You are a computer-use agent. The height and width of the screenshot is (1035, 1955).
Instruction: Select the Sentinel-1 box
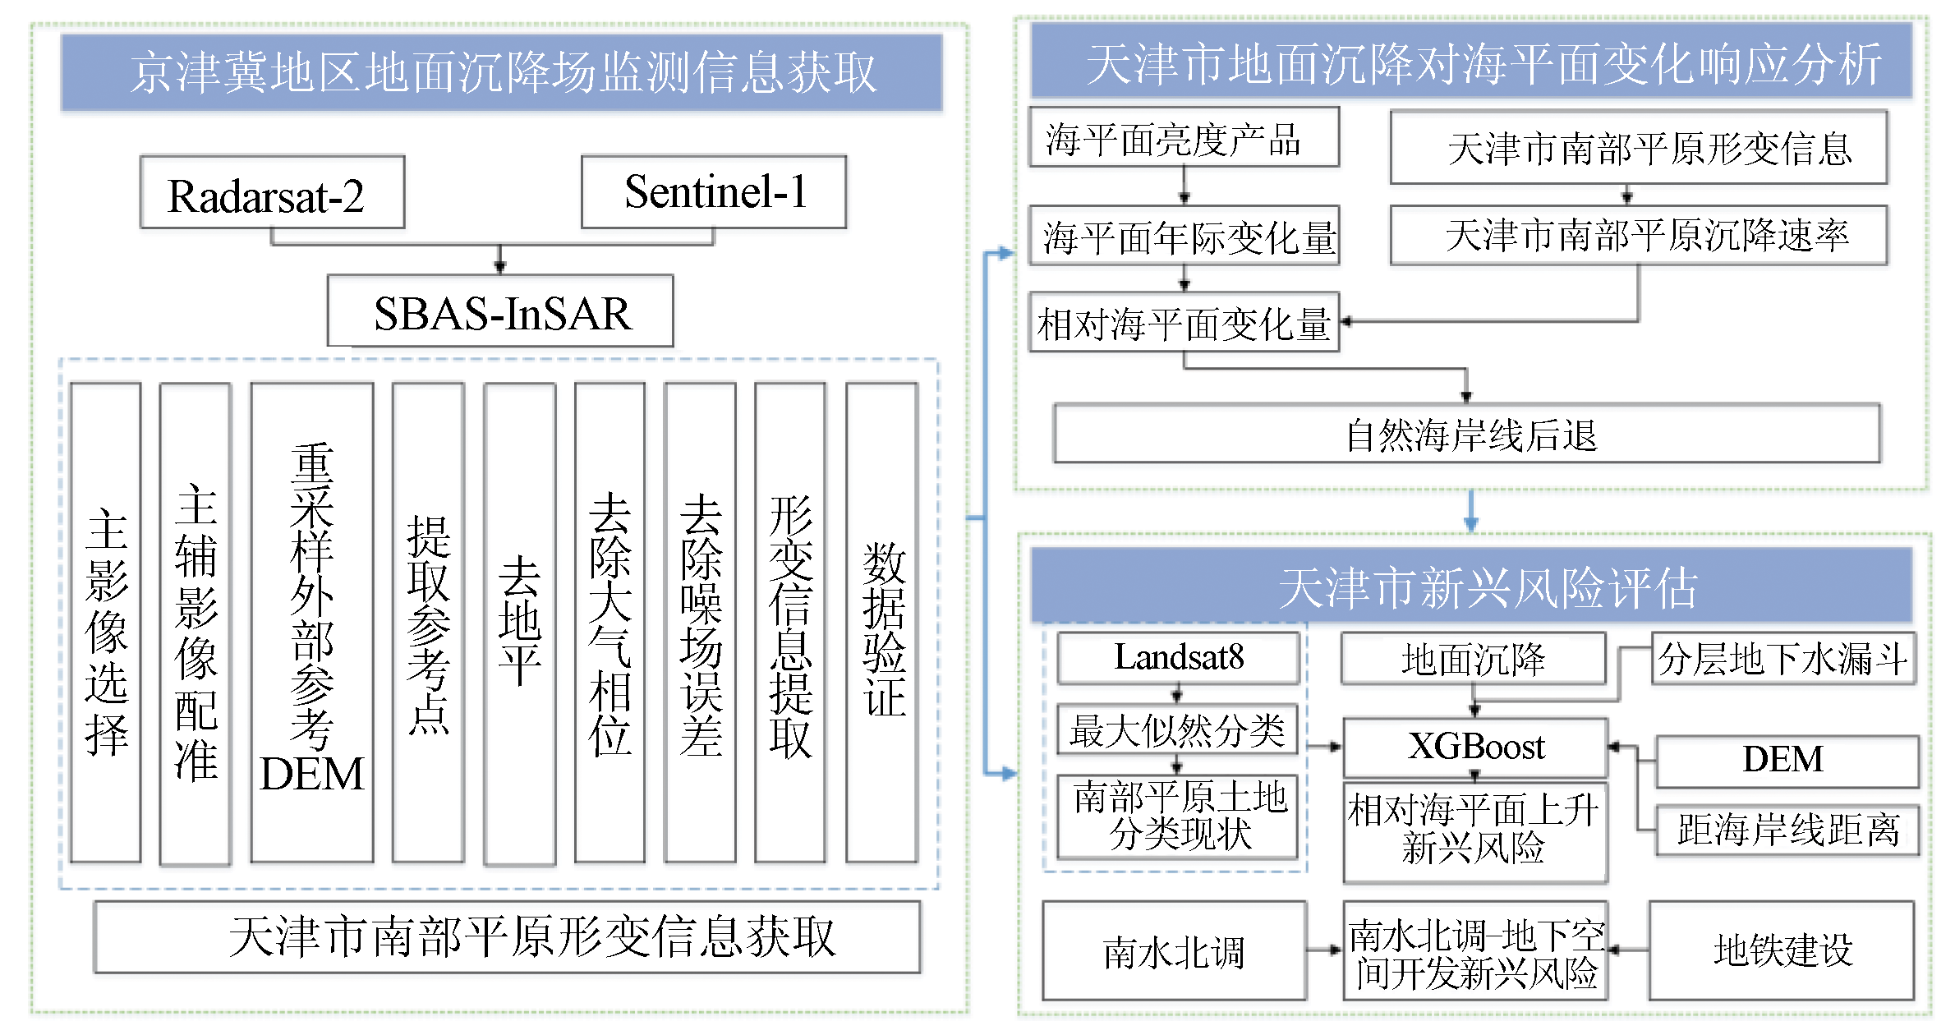click(713, 192)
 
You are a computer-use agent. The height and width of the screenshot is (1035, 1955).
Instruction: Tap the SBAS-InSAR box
click(500, 311)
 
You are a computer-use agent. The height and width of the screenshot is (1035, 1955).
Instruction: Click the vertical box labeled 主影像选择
click(106, 623)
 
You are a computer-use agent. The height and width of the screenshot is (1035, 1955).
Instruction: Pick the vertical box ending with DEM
click(312, 623)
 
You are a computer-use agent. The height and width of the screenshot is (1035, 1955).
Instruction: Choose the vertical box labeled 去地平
click(519, 623)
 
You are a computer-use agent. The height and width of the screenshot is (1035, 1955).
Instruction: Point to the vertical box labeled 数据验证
click(881, 623)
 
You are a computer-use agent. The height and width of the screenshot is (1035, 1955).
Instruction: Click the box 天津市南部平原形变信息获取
click(507, 936)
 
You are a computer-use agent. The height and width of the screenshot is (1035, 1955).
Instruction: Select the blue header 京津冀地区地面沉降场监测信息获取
click(501, 72)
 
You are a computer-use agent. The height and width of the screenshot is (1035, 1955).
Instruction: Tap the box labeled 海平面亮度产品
click(1184, 138)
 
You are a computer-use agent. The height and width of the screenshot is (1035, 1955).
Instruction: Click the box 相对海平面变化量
click(1184, 323)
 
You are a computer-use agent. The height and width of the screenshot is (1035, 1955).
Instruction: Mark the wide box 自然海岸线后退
click(1467, 434)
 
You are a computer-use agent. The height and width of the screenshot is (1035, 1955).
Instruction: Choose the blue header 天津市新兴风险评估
click(1471, 586)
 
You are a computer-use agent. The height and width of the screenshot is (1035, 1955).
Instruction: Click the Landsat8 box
click(1178, 657)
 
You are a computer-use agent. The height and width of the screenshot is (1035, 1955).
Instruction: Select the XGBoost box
click(1475, 747)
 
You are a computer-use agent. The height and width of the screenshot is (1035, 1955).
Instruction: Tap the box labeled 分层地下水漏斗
click(1783, 658)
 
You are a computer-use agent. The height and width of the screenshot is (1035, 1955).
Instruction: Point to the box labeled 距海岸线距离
click(1787, 830)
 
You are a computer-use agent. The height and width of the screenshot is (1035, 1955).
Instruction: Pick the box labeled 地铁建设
click(1781, 950)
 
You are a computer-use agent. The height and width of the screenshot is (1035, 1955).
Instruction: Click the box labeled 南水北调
click(1174, 951)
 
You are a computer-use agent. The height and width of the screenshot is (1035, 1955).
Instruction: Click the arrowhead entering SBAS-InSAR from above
click(500, 266)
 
